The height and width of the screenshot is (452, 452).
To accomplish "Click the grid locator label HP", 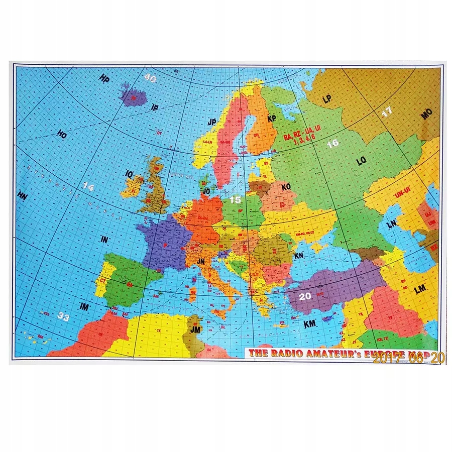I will [104, 78].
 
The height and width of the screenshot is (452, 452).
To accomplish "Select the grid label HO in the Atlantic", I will [62, 135].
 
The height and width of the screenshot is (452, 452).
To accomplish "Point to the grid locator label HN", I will [22, 194].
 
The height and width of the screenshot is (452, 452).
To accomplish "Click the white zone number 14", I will [88, 187].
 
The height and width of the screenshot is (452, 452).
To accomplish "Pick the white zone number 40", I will [150, 78].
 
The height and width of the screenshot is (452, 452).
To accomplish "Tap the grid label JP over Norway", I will [211, 122].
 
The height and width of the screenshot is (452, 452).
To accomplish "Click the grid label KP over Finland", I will [272, 119].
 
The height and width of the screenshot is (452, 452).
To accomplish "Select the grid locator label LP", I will [327, 99].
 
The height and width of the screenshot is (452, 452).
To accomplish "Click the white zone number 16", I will [332, 143].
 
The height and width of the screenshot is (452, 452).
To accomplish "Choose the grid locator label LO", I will [361, 161].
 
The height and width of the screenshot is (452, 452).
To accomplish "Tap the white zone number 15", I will [235, 199].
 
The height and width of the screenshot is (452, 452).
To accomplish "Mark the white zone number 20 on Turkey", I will [305, 296].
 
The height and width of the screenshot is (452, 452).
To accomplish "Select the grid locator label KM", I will [310, 324].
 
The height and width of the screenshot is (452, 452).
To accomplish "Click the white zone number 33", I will [64, 316].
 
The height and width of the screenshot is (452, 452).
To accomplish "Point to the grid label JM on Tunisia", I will [195, 330].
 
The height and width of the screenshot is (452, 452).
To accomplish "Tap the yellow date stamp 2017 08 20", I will [409, 358].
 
